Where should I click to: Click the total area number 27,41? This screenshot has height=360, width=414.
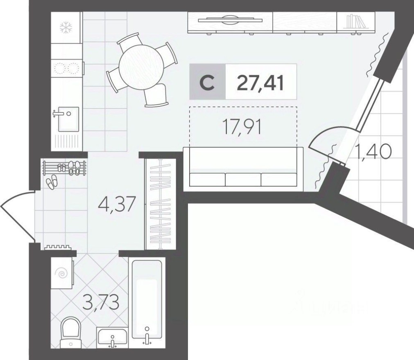coord(260,82)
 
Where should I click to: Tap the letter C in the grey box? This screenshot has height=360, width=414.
coord(208,82)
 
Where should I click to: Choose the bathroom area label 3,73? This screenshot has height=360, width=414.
coord(102,303)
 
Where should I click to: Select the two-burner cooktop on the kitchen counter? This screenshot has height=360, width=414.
coord(66,68)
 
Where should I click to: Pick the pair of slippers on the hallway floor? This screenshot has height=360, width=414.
coord(52,182)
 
